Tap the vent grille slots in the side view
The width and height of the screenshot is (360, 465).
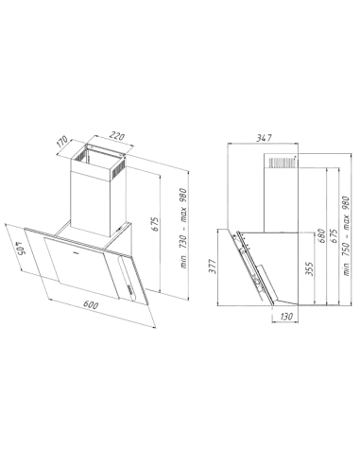click(277, 164)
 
